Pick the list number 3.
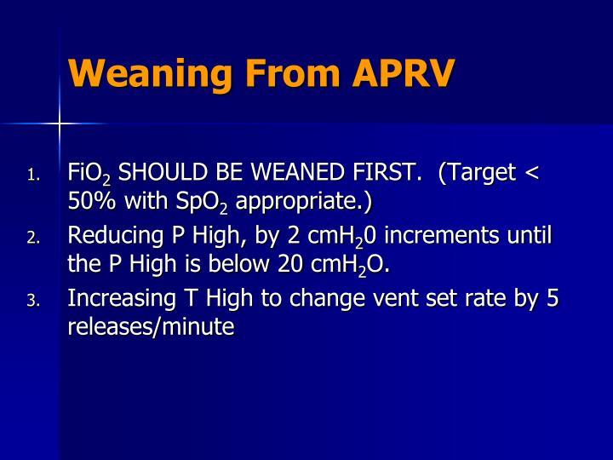pos(32,301)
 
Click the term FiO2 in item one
pos(89,175)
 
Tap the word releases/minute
pos(151,326)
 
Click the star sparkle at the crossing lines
pos(59,124)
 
